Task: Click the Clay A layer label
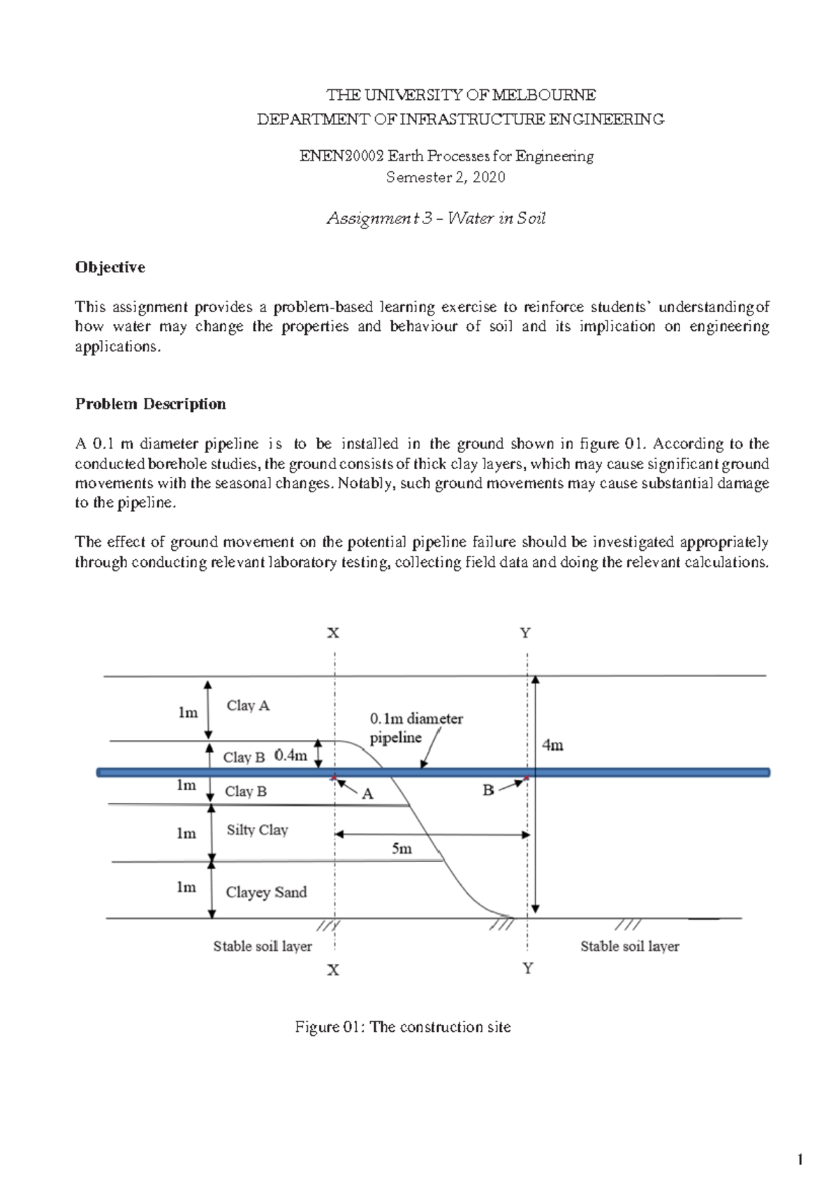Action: click(x=248, y=706)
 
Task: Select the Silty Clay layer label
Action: click(x=257, y=830)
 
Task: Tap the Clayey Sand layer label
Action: click(x=266, y=892)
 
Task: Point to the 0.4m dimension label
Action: click(x=291, y=755)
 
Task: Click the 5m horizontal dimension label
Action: click(x=402, y=849)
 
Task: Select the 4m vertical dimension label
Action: click(x=552, y=746)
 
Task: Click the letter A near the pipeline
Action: click(x=367, y=794)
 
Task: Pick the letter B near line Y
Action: click(x=488, y=790)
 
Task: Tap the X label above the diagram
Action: click(x=334, y=633)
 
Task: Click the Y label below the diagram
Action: click(x=528, y=969)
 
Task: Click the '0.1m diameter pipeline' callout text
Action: click(x=416, y=727)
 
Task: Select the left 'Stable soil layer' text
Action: click(x=263, y=947)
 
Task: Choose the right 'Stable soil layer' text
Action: click(x=630, y=947)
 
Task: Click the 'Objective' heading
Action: click(x=110, y=267)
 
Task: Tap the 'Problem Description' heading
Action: click(x=150, y=404)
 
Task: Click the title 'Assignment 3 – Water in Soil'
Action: click(x=436, y=219)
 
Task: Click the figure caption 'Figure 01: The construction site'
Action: click(x=403, y=1027)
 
